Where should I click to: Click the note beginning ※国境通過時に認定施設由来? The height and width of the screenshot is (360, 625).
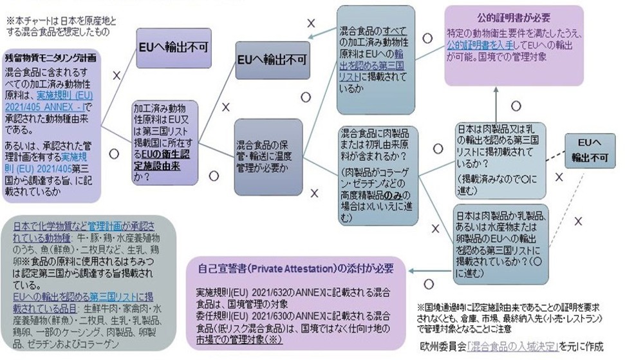(515, 318)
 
